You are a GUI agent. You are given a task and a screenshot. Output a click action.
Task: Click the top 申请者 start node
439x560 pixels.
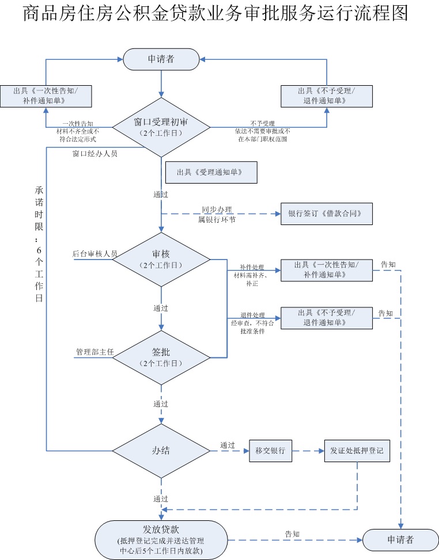point(161,59)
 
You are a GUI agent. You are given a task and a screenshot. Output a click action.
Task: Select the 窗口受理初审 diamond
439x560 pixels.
point(161,127)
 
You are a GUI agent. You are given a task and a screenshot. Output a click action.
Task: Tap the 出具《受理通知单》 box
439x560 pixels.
point(211,172)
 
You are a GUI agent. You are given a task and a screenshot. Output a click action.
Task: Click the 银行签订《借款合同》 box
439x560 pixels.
point(327,213)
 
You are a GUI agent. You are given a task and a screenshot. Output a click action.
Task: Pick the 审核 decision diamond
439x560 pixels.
point(161,259)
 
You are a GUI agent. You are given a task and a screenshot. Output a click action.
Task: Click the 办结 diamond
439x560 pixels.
point(161,451)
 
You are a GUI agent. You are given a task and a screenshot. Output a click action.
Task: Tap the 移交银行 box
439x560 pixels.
point(271,450)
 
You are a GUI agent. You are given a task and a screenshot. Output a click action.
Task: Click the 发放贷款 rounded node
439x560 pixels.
point(161,540)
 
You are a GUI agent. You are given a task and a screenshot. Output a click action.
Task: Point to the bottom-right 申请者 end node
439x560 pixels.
point(400,540)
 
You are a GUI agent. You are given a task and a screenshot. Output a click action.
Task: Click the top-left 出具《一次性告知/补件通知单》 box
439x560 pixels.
point(46,96)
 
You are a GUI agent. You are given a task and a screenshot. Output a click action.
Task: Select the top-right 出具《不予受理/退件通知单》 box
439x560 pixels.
point(327,96)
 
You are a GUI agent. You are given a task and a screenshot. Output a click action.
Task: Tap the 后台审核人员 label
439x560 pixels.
point(95,253)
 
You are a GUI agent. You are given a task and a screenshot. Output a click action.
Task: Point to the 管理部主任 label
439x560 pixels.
point(95,351)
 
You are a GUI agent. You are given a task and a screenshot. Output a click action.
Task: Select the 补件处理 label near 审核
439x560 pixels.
point(252,268)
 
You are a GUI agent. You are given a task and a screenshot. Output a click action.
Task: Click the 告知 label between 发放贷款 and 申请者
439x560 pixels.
point(292,534)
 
